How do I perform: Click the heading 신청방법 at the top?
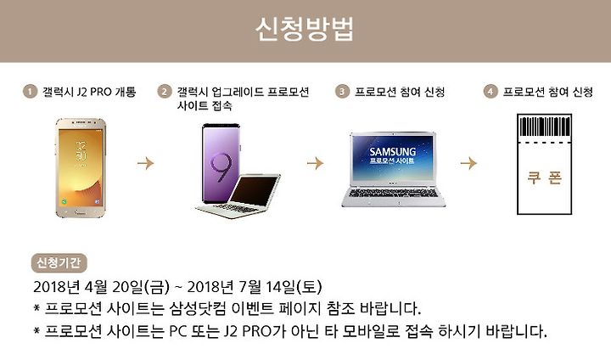(305, 29)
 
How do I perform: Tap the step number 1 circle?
(30, 92)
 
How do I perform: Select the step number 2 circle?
(165, 92)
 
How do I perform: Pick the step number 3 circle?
(342, 92)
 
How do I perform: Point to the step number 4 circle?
(490, 92)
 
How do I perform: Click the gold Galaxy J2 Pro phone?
(81, 168)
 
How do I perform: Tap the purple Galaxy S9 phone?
(221, 163)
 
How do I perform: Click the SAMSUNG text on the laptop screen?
(392, 151)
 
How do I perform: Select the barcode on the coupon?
(544, 127)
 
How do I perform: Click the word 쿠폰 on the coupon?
(544, 177)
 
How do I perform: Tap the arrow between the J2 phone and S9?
(146, 163)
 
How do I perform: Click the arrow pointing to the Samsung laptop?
(315, 163)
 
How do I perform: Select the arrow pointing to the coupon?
(468, 163)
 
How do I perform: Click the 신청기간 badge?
(59, 263)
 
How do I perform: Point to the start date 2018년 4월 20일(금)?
(102, 287)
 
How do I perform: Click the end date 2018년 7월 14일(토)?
(255, 287)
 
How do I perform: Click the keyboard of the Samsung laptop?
(393, 193)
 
